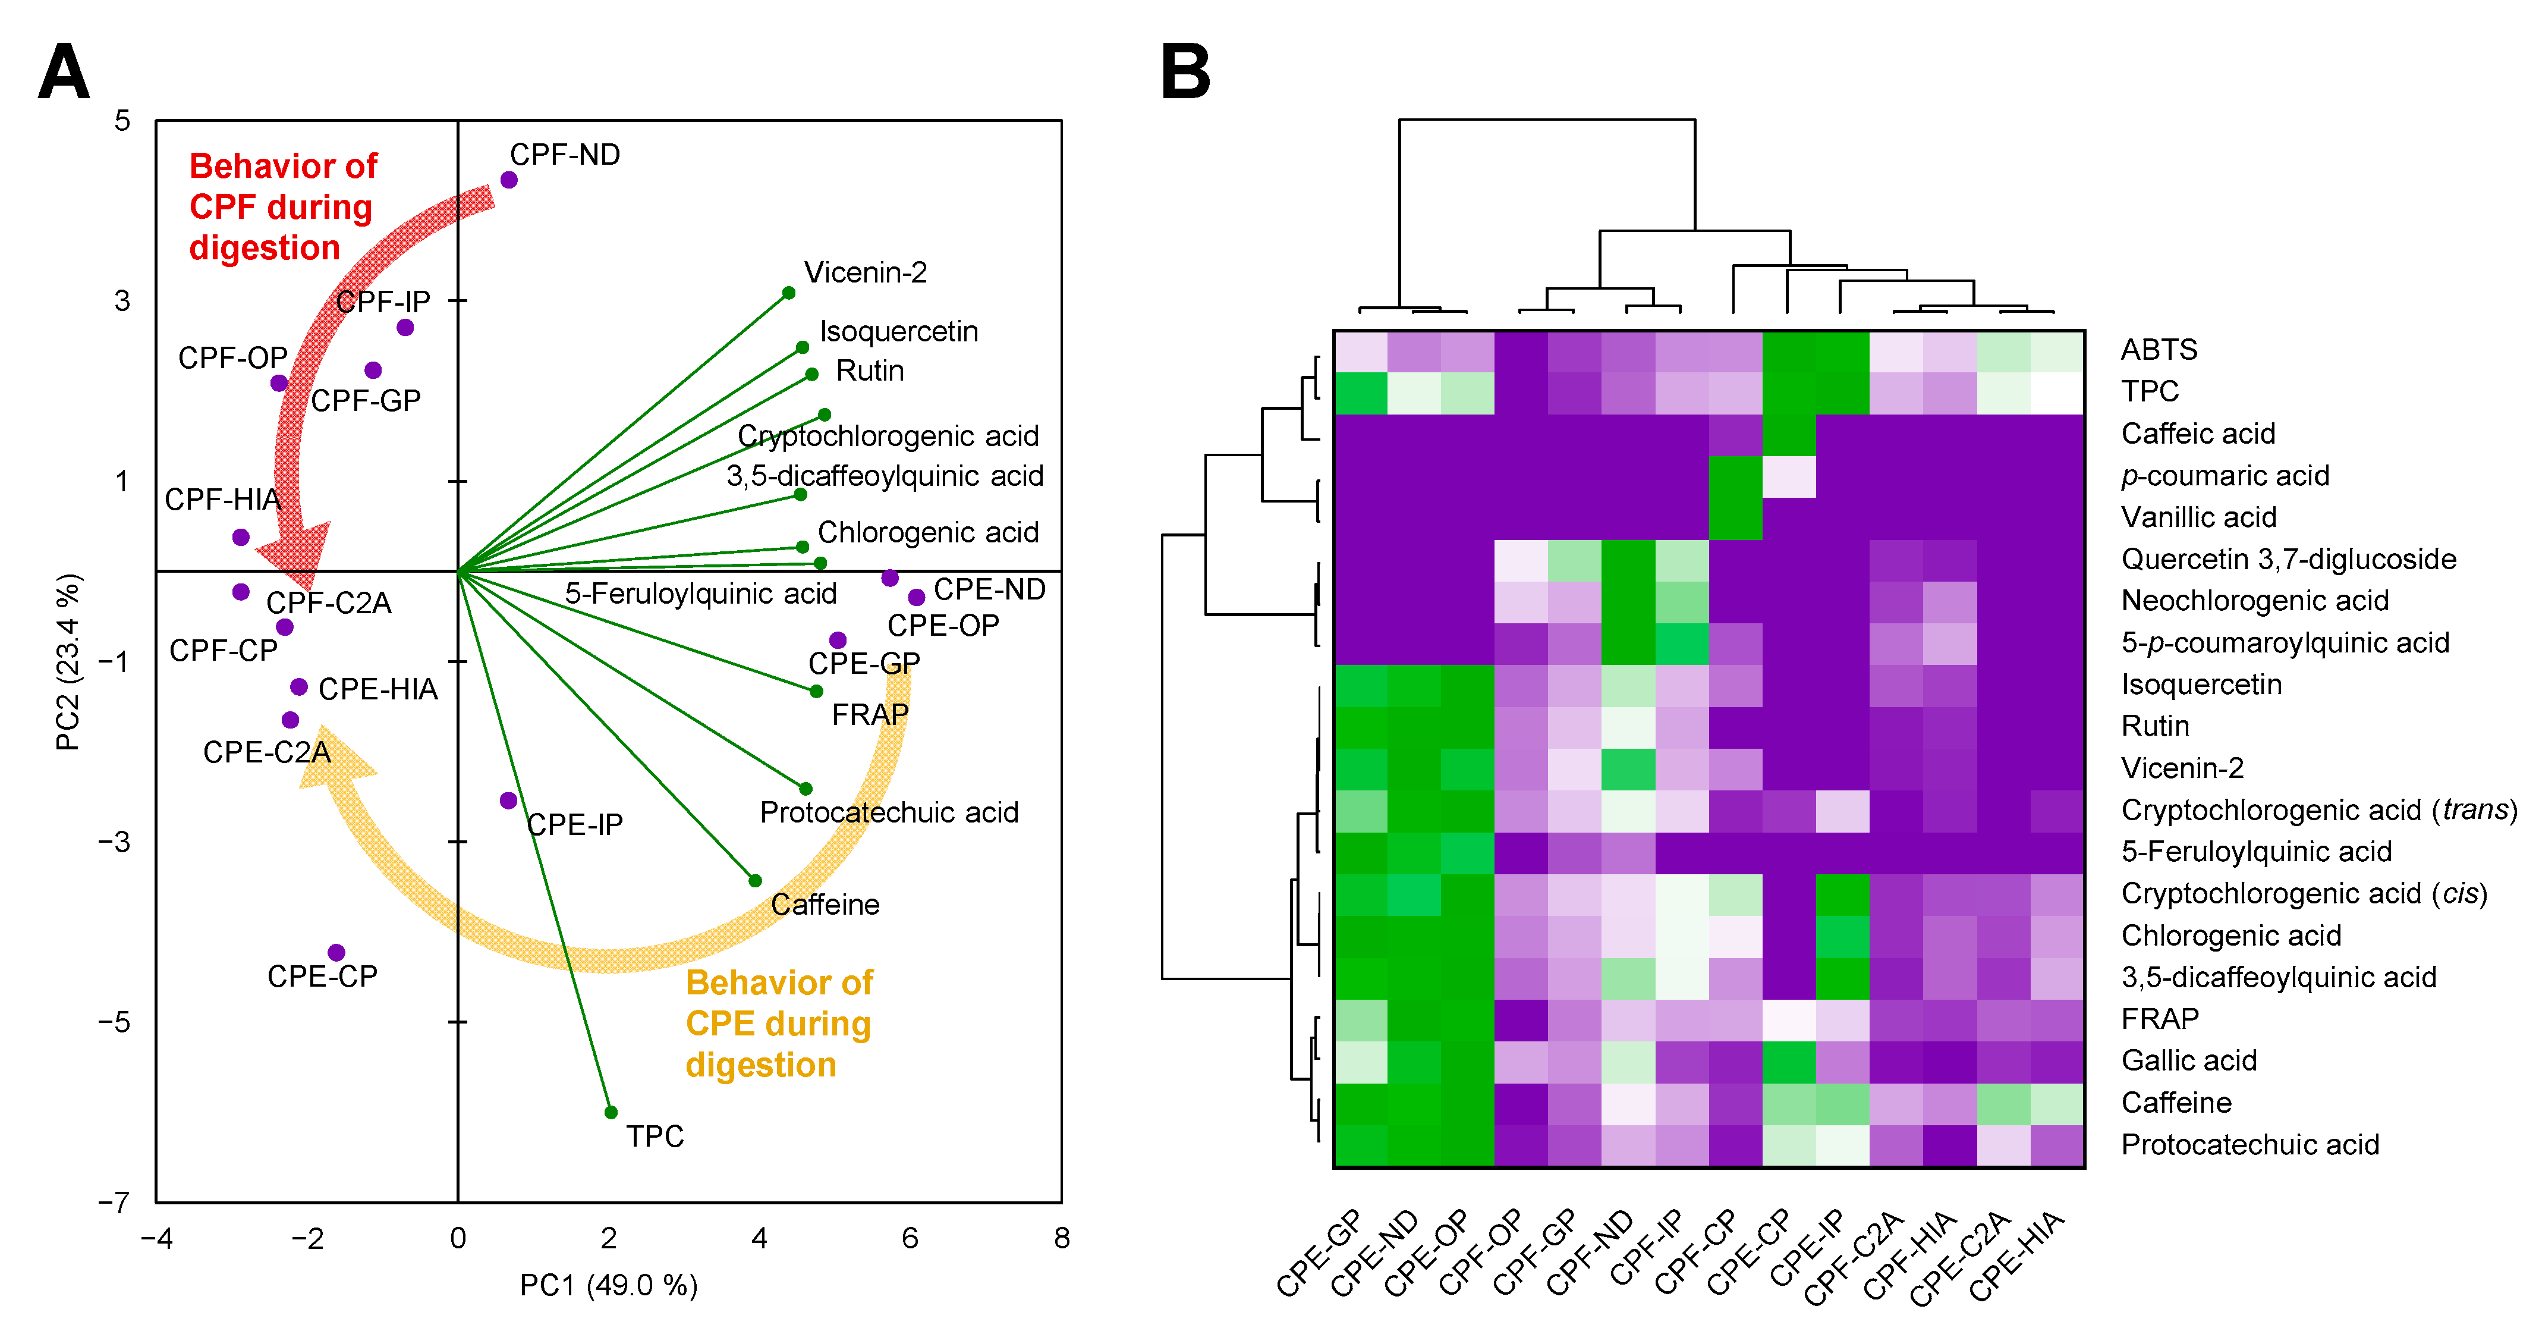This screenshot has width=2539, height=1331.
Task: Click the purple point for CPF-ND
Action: [509, 180]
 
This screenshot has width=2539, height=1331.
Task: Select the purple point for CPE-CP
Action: [336, 952]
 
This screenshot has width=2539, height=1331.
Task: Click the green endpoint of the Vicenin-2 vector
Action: [788, 293]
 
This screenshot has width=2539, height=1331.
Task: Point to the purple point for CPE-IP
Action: [508, 801]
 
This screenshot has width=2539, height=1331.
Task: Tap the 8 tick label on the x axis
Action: [1061, 1238]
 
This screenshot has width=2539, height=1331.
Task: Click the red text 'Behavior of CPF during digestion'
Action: [283, 207]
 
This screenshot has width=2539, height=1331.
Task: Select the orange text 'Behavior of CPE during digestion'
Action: [779, 1024]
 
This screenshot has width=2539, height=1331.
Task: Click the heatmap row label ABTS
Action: [2159, 350]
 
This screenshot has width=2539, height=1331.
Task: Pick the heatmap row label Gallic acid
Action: [2188, 1061]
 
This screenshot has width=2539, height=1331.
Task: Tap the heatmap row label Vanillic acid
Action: [2198, 517]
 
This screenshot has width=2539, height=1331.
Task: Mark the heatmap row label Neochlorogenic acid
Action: [2254, 601]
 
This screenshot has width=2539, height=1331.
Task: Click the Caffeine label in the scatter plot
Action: [825, 904]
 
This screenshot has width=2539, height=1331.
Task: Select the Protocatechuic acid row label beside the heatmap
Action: [2249, 1145]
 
